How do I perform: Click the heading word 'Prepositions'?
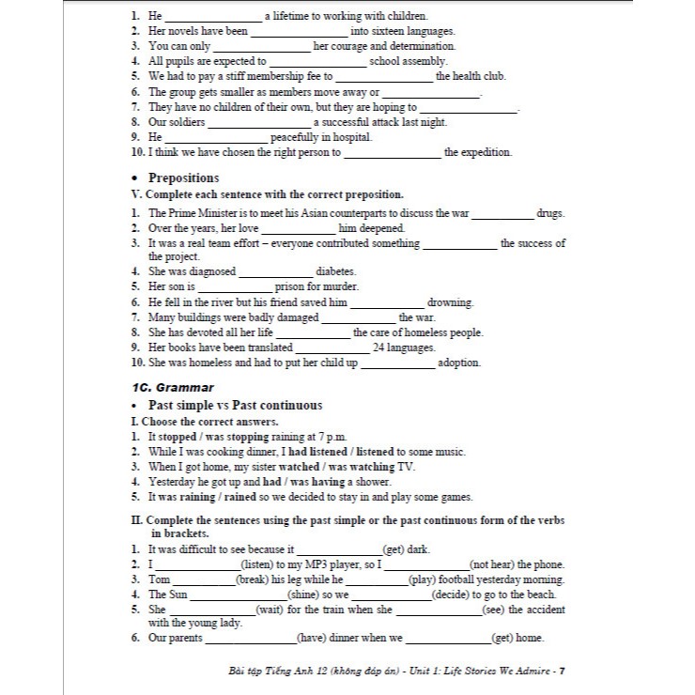184,178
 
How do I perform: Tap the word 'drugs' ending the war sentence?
550,213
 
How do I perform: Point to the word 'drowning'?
450,302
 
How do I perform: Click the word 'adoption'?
459,363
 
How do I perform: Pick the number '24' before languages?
379,347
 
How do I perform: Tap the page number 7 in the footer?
560,671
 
